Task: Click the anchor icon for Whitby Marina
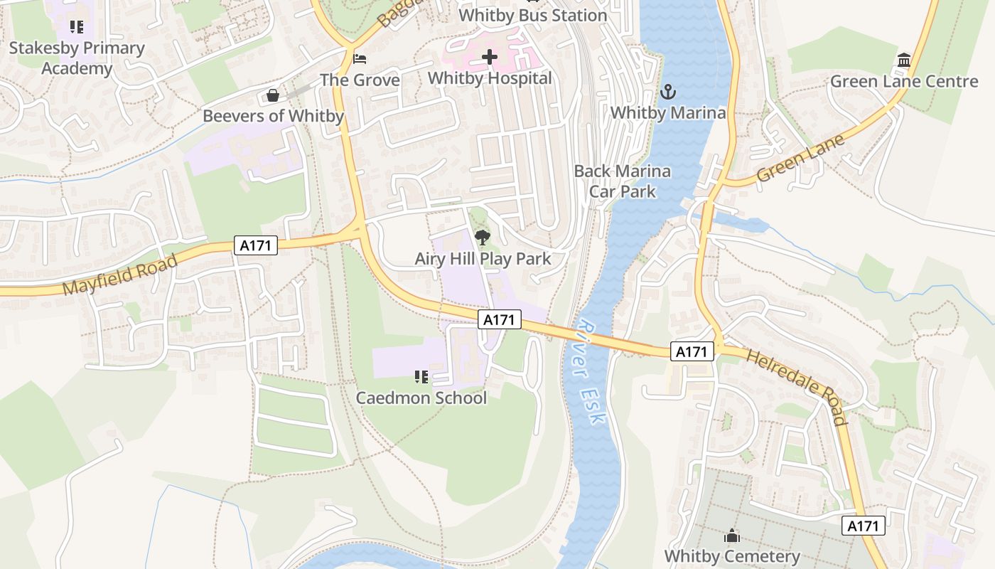tap(667, 92)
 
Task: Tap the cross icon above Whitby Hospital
tap(490, 57)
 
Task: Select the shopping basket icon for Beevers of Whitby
tap(272, 95)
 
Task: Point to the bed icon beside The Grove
tap(360, 59)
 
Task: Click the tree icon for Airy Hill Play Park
tap(483, 238)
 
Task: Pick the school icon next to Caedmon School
tap(421, 376)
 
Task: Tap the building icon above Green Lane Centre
tap(904, 60)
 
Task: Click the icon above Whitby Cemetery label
tap(732, 536)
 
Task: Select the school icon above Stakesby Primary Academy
tap(76, 27)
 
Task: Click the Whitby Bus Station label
tap(532, 15)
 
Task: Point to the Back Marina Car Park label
tap(622, 181)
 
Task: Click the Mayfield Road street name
tap(119, 275)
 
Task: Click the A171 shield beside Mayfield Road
tap(256, 245)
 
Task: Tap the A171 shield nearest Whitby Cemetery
tap(864, 526)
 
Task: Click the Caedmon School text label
tap(421, 398)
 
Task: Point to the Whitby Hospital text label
tap(490, 78)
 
